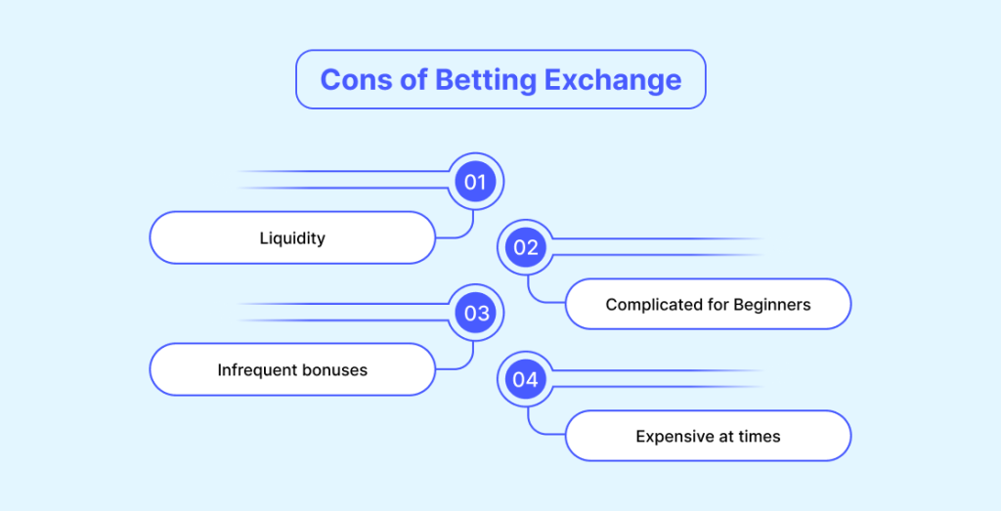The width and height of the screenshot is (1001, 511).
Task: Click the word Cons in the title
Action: click(356, 80)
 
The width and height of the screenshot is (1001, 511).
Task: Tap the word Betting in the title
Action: click(486, 81)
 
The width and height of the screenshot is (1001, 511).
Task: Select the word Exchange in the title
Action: click(613, 81)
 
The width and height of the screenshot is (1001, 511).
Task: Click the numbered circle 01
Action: click(476, 182)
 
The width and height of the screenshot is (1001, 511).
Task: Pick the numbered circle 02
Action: click(525, 247)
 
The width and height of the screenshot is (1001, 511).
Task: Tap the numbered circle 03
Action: click(476, 314)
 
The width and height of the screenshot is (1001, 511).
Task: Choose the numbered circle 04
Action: click(525, 379)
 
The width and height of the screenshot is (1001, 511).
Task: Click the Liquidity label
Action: click(292, 238)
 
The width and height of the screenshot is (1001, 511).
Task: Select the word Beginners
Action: click(772, 305)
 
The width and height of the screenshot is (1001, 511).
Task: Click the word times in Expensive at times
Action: click(760, 437)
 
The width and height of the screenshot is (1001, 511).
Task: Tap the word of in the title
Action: click(413, 80)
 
